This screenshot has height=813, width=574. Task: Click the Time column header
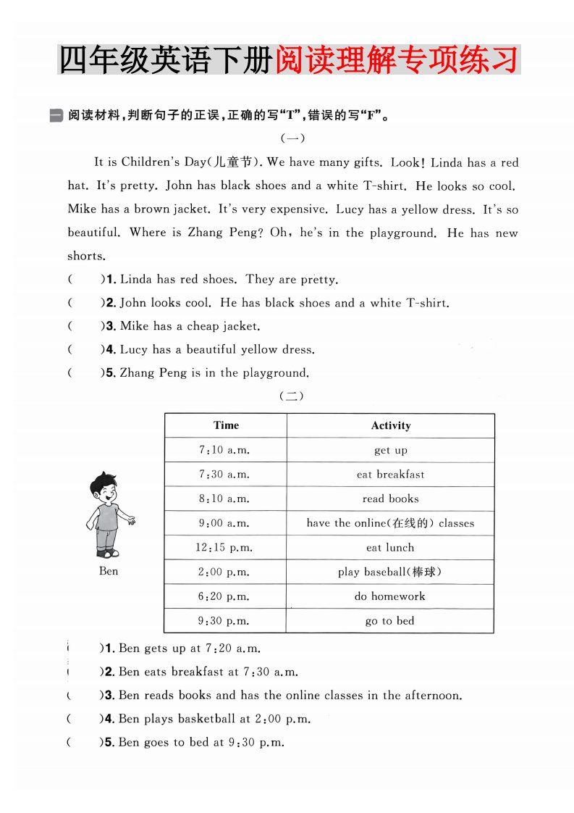point(226,425)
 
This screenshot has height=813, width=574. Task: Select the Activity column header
point(390,425)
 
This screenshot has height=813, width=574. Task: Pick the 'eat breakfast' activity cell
point(390,475)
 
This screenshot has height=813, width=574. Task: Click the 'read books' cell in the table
point(390,499)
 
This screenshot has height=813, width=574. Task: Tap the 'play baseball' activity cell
point(390,572)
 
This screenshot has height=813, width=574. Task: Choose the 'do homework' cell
point(390,596)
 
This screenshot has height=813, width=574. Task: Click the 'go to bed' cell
point(390,621)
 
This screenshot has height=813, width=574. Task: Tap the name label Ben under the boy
point(109,571)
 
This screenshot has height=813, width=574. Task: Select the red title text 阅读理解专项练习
point(397,59)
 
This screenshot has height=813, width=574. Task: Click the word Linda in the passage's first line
point(447,162)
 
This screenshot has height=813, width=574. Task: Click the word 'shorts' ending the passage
point(86,256)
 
